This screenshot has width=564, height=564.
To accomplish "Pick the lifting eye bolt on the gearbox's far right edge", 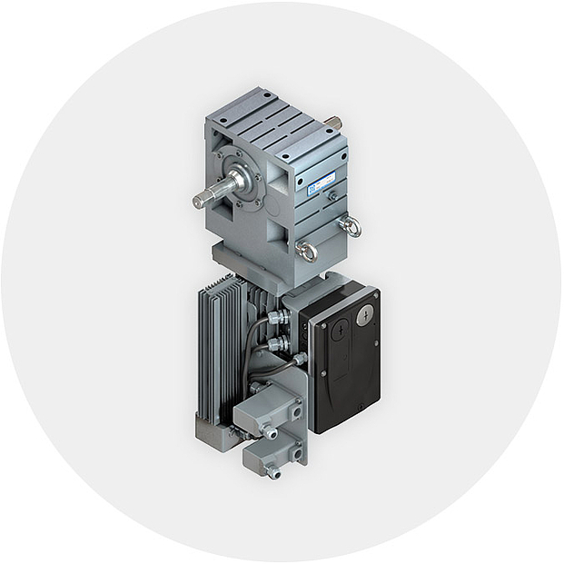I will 350,226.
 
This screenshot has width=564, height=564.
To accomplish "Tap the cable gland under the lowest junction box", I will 272,471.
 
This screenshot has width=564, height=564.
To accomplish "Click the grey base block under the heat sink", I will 211,428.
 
